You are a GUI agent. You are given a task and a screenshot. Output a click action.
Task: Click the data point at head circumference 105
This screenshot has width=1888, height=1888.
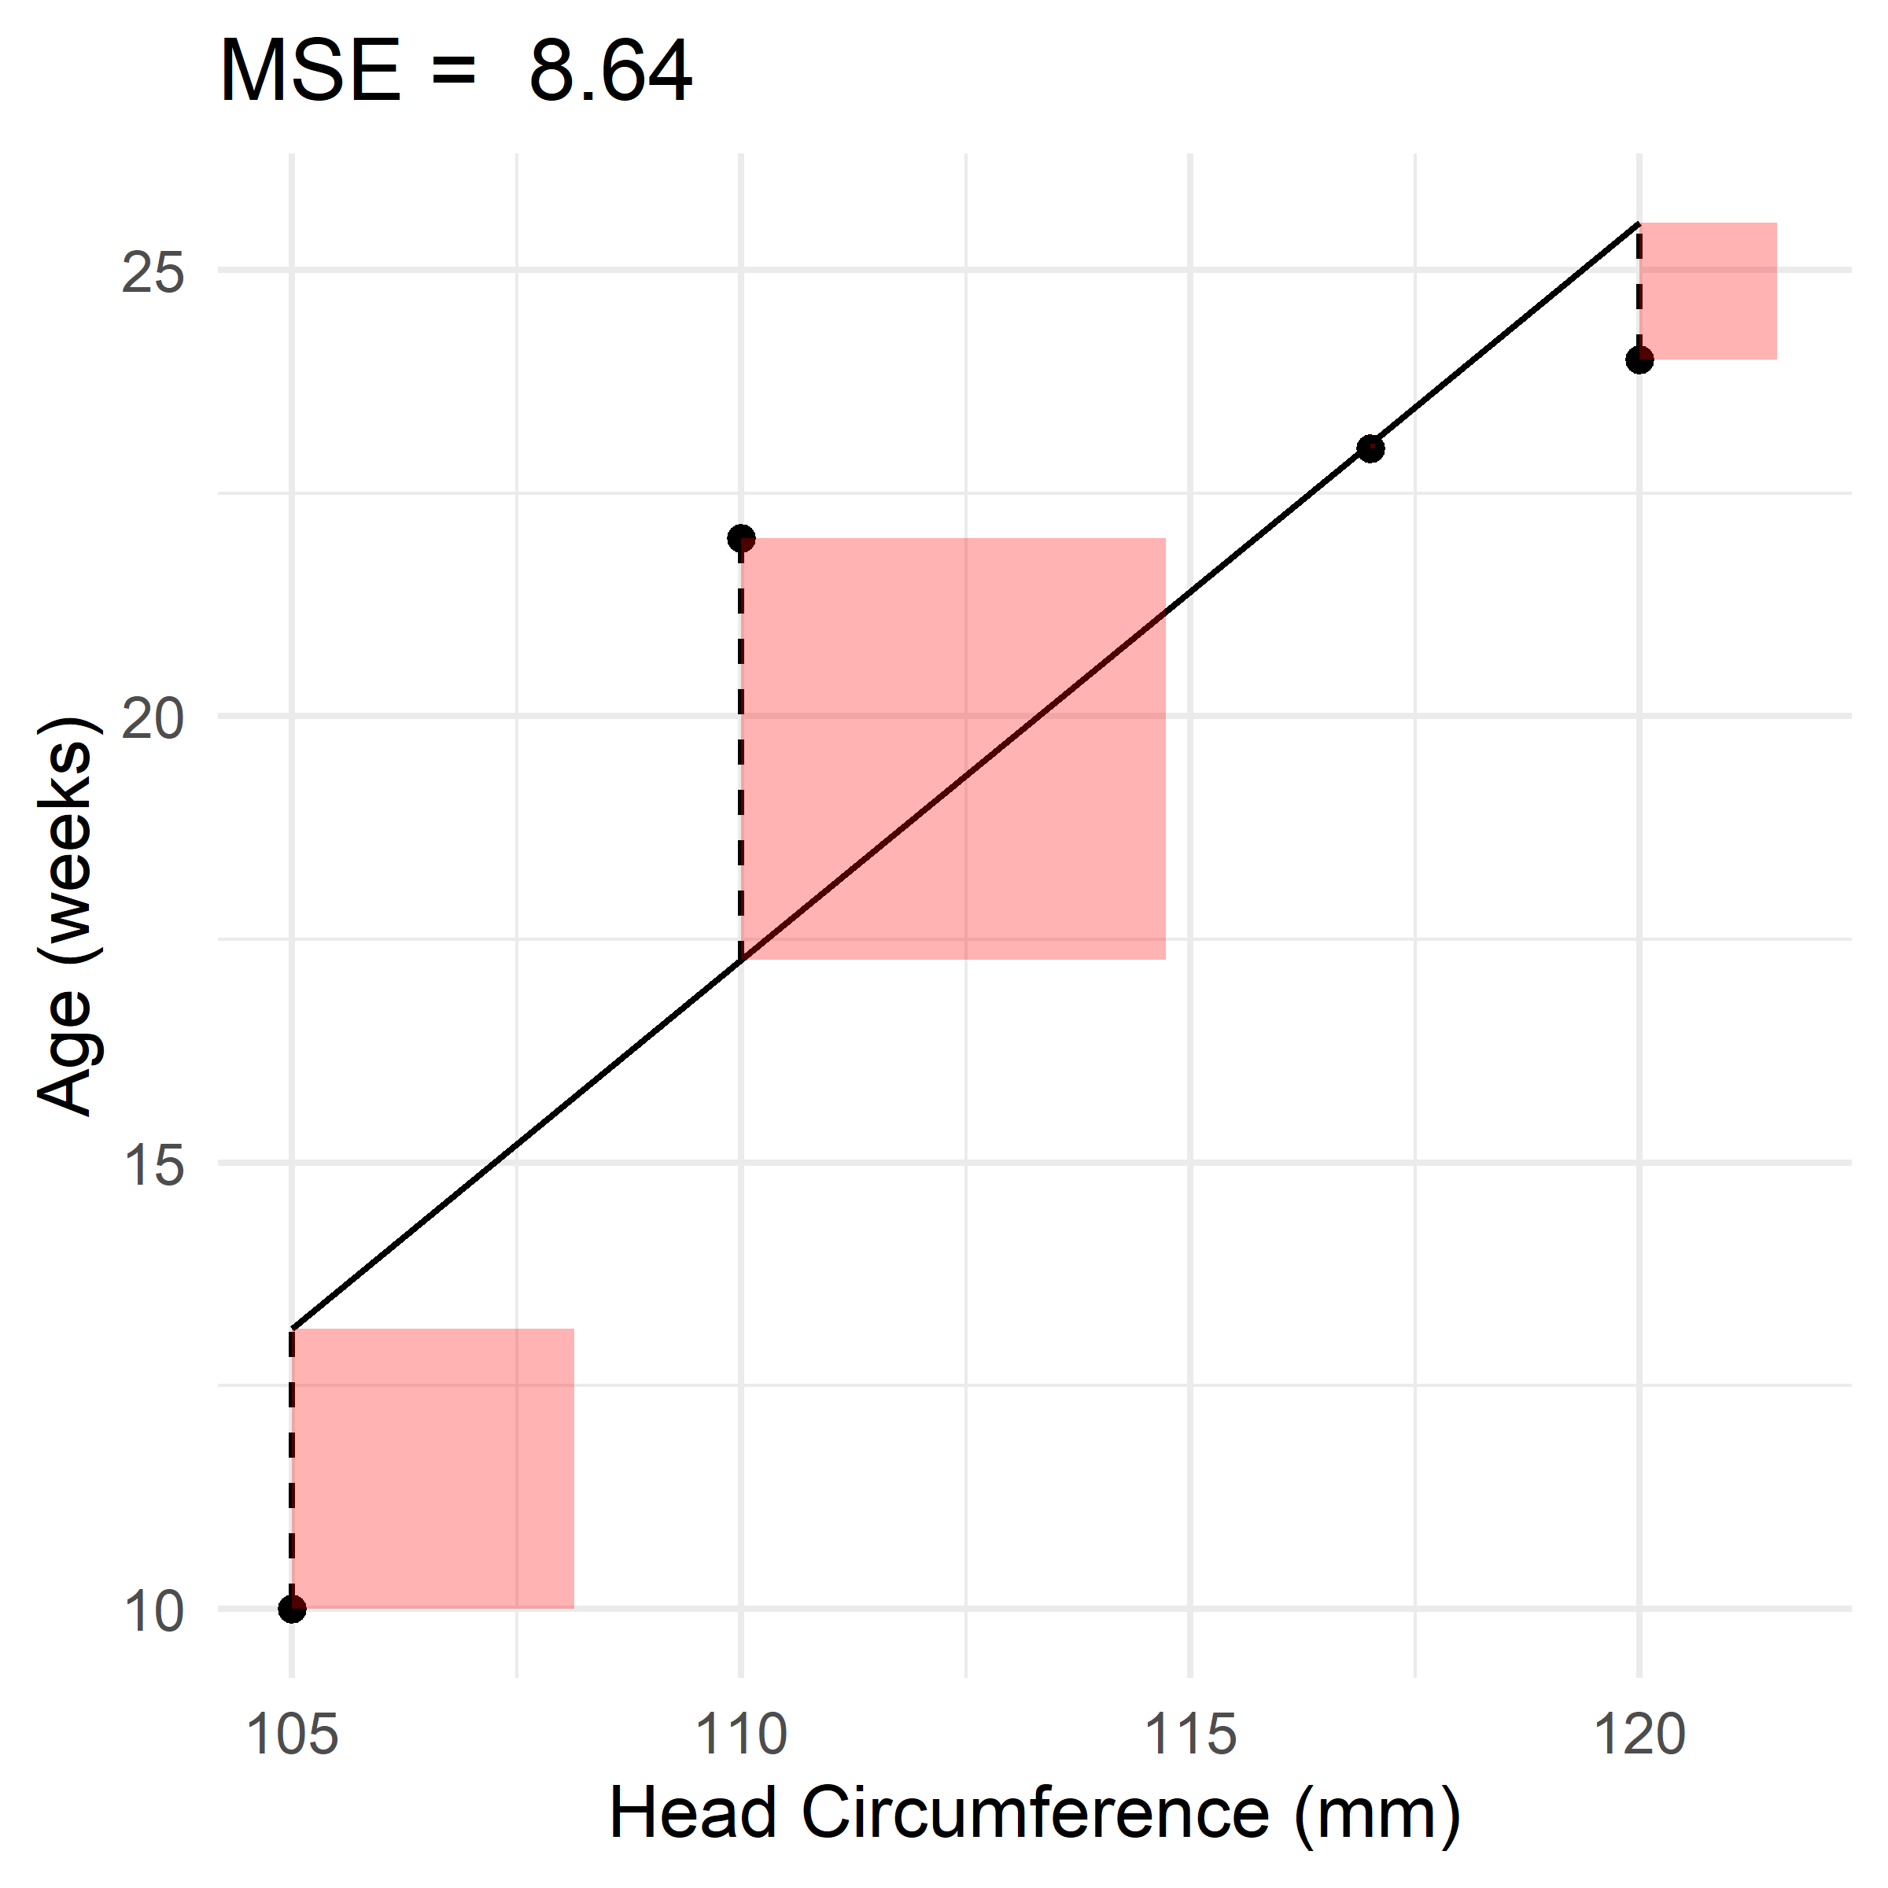pyautogui.click(x=291, y=1609)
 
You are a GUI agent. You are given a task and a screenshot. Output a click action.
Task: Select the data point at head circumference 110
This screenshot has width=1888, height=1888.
pyautogui.click(x=741, y=537)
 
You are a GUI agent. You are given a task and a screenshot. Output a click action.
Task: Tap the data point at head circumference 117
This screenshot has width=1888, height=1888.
pyautogui.click(x=1370, y=448)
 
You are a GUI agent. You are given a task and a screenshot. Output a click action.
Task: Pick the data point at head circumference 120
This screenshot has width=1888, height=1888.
pyautogui.click(x=1639, y=360)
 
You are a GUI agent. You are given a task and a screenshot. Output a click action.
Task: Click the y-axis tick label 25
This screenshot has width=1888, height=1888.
pyautogui.click(x=153, y=274)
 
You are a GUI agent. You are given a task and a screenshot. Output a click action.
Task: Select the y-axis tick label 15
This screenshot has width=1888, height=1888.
pyautogui.click(x=153, y=1166)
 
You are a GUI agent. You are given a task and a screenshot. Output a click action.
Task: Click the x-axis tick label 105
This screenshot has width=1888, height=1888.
pyautogui.click(x=291, y=1735)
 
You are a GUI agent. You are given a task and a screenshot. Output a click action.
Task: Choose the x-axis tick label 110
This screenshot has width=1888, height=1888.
pyautogui.click(x=741, y=1735)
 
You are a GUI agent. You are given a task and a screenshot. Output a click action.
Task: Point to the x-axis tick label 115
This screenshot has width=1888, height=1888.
pyautogui.click(x=1190, y=1735)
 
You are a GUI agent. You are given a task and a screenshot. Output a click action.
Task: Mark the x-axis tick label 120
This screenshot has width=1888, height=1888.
pyautogui.click(x=1639, y=1735)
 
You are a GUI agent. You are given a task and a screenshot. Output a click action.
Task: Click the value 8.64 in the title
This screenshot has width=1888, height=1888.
pyautogui.click(x=610, y=72)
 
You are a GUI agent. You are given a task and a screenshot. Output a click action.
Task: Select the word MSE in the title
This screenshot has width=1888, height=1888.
pyautogui.click(x=311, y=72)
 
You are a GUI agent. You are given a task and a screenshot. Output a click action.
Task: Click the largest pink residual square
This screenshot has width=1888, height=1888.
pyautogui.click(x=953, y=749)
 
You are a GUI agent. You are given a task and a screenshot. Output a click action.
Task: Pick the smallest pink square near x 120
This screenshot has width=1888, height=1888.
pyautogui.click(x=1707, y=291)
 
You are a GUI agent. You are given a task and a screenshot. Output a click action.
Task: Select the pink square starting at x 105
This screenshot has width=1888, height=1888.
pyautogui.click(x=433, y=1468)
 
